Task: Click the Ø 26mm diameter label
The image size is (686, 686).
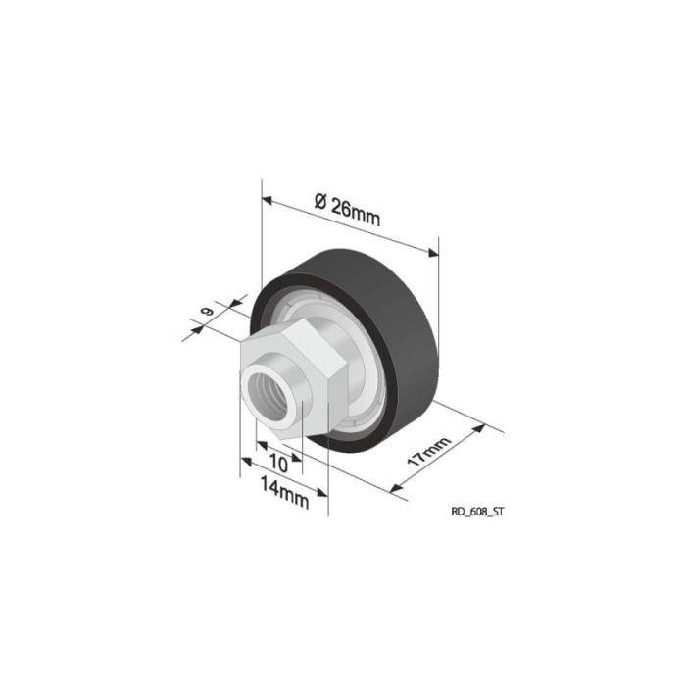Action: tap(348, 211)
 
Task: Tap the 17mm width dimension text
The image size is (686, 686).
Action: tap(428, 451)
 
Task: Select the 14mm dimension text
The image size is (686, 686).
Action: tap(285, 492)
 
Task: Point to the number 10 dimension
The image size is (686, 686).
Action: tap(278, 464)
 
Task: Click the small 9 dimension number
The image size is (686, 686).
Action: tap(207, 311)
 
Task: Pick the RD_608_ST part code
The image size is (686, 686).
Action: tap(477, 512)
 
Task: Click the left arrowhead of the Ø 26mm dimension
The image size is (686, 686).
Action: tap(267, 200)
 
